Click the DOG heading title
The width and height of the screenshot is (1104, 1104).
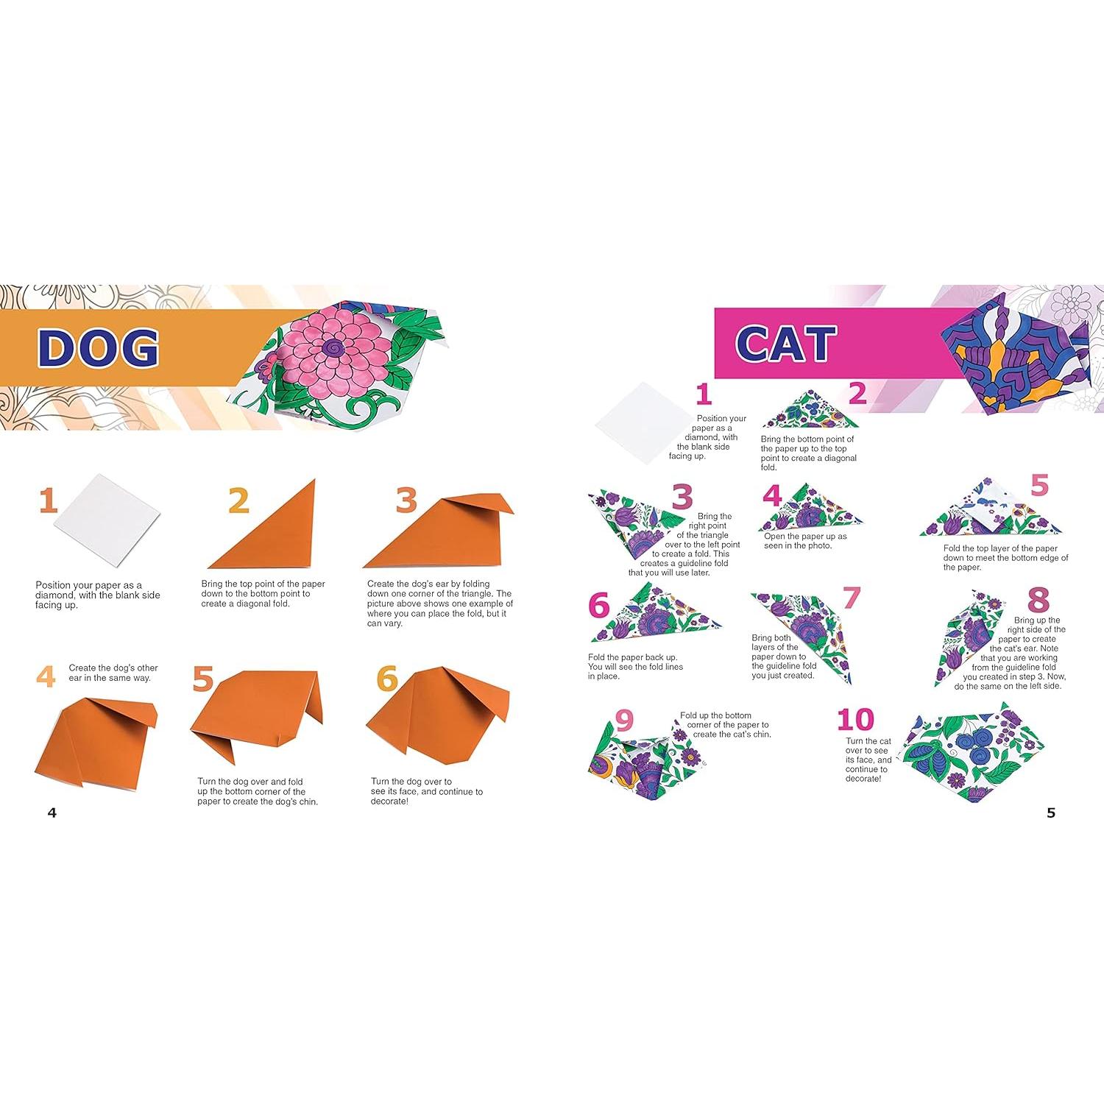pos(98,347)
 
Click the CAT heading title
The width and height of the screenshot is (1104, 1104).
pos(785,343)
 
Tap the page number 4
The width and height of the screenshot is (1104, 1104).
pos(52,813)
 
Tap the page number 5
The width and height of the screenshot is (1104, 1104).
pos(1051,813)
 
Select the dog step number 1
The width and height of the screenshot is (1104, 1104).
pos(49,500)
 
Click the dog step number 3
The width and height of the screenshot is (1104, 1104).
pos(406,500)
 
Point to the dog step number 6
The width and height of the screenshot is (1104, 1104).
pos(387,679)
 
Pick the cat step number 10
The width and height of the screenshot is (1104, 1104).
pos(855,719)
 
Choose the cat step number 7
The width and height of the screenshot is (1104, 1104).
pos(852,598)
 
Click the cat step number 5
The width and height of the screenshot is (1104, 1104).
pos(1038,486)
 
